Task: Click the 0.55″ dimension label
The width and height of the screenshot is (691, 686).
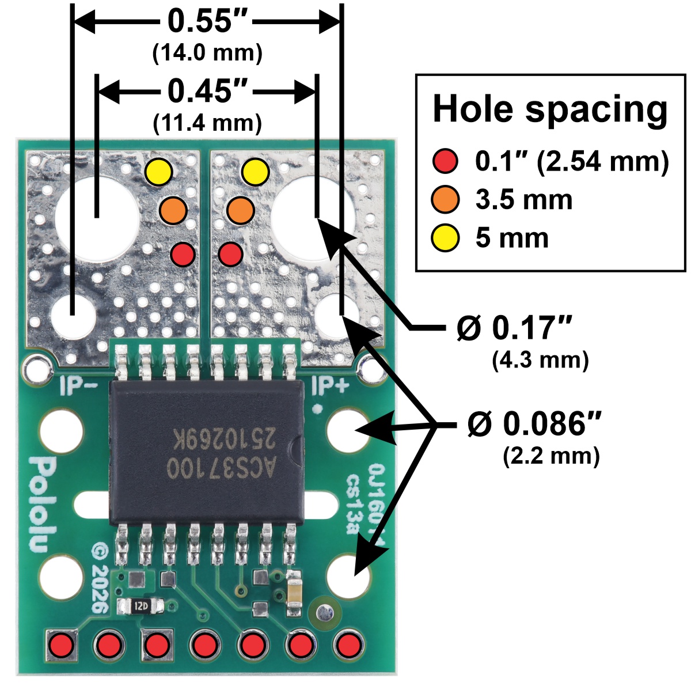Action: pos(208,22)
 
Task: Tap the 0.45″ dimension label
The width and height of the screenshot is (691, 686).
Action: pos(208,91)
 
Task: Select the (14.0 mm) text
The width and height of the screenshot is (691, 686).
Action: pos(208,53)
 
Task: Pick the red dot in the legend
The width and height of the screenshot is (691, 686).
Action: pos(445,162)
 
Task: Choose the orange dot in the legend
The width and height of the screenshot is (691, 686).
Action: pos(445,200)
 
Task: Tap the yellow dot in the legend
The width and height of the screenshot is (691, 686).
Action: pos(445,238)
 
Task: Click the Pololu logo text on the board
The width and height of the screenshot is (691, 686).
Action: pos(39,505)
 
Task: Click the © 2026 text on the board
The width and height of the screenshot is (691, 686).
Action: pos(99,579)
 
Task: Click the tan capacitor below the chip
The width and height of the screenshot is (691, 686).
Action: pos(294,594)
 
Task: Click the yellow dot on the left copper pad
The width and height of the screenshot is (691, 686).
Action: pos(158,172)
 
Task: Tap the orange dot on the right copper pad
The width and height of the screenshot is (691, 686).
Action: pos(240,210)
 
